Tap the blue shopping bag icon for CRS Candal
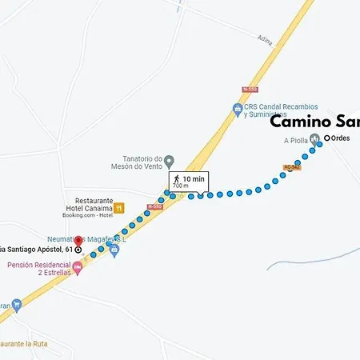(x=238, y=109)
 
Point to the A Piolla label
(x=296, y=140)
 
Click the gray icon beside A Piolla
(x=315, y=140)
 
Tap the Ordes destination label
(x=341, y=138)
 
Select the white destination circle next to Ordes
(x=327, y=138)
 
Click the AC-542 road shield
(x=291, y=167)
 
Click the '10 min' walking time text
(x=194, y=178)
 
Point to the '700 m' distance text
(x=181, y=186)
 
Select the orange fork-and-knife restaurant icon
(x=119, y=208)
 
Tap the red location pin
(x=78, y=241)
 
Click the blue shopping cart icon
(x=115, y=250)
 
